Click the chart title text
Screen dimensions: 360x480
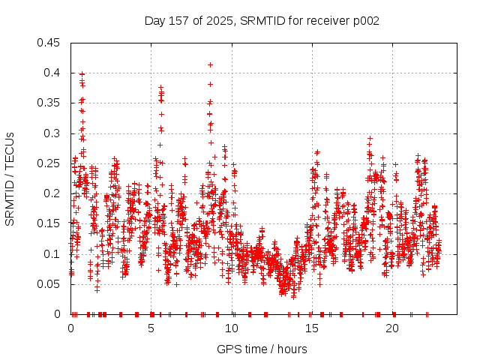(x=262, y=21)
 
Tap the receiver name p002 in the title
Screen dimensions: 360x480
(x=365, y=21)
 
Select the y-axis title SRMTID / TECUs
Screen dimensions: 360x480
(x=10, y=178)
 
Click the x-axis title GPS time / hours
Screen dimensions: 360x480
(x=262, y=349)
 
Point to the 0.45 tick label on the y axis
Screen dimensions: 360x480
(x=49, y=43)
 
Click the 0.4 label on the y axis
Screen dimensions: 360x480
(x=52, y=73)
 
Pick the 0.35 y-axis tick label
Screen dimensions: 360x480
(x=49, y=103)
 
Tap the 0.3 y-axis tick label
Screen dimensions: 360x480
(x=52, y=133)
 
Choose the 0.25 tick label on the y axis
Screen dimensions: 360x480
(x=49, y=163)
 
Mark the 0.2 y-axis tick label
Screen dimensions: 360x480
(x=52, y=193)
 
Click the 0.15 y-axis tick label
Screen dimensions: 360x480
(x=49, y=223)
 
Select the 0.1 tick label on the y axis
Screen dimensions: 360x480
(x=52, y=254)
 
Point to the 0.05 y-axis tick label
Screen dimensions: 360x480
(x=49, y=284)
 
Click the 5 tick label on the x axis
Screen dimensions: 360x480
(x=151, y=328)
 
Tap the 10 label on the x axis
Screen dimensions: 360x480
(x=232, y=328)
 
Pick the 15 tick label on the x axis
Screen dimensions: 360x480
(x=312, y=328)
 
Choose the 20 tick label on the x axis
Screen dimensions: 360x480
(x=392, y=328)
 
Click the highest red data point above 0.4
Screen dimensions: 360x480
(x=211, y=64)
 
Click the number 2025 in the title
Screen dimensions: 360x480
(x=219, y=21)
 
